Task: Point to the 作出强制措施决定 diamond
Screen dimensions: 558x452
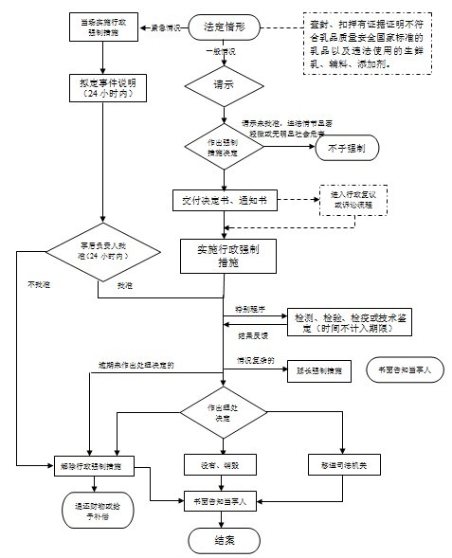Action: (224, 147)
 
